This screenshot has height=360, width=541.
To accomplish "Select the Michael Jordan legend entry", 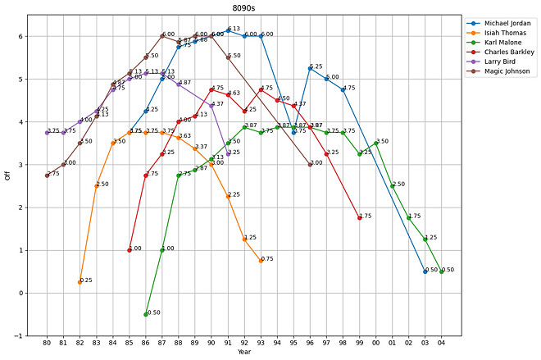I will coord(508,24).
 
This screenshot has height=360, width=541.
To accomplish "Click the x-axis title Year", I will coord(244,352).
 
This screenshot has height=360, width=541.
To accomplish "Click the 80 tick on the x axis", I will coord(47,342).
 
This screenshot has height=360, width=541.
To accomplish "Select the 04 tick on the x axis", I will coord(442,342).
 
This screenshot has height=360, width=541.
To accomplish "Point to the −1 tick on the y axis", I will coord(30,335).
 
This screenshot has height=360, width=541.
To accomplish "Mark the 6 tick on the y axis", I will coord(30,37).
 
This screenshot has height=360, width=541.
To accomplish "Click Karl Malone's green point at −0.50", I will coord(146,314).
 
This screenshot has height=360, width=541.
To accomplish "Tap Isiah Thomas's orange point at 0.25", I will coord(80,282).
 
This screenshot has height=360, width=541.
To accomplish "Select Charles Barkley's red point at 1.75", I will coord(360,218).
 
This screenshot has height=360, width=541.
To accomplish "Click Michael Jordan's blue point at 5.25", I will coord(310,68).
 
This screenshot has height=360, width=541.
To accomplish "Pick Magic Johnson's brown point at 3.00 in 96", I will coord(310,164).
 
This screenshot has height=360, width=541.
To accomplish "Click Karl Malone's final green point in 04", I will coord(442,271).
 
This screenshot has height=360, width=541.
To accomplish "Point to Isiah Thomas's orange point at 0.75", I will coord(261,261).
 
